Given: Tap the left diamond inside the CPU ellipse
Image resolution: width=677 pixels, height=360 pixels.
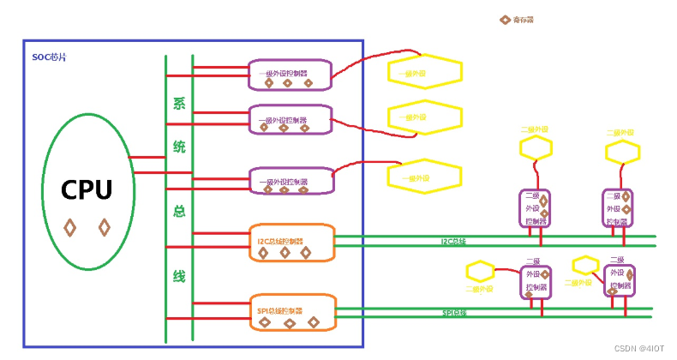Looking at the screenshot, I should (x=70, y=227).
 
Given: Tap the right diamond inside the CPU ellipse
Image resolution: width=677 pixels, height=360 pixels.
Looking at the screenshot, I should (x=104, y=227).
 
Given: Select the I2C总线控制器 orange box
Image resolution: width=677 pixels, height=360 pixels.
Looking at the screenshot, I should (x=291, y=242).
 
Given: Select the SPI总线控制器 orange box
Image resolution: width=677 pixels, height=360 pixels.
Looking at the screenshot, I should (x=291, y=312).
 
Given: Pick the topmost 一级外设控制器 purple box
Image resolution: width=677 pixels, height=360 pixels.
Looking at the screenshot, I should (x=290, y=74).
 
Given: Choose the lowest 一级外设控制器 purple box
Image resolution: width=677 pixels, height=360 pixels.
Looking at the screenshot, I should (x=290, y=180).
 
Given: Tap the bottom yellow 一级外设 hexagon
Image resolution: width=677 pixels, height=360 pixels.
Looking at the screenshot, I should (x=424, y=177).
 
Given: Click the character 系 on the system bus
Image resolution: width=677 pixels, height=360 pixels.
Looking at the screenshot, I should (x=179, y=105).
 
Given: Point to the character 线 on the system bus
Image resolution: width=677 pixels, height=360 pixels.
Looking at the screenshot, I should (x=179, y=276).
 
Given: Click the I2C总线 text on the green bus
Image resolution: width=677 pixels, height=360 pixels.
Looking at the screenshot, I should (x=453, y=242).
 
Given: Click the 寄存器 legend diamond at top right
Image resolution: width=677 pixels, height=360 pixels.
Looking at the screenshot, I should (x=505, y=19).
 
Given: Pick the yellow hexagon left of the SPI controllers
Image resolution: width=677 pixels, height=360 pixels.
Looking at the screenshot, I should (x=481, y=273).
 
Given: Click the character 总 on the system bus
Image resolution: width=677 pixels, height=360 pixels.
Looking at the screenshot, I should (x=179, y=212).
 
